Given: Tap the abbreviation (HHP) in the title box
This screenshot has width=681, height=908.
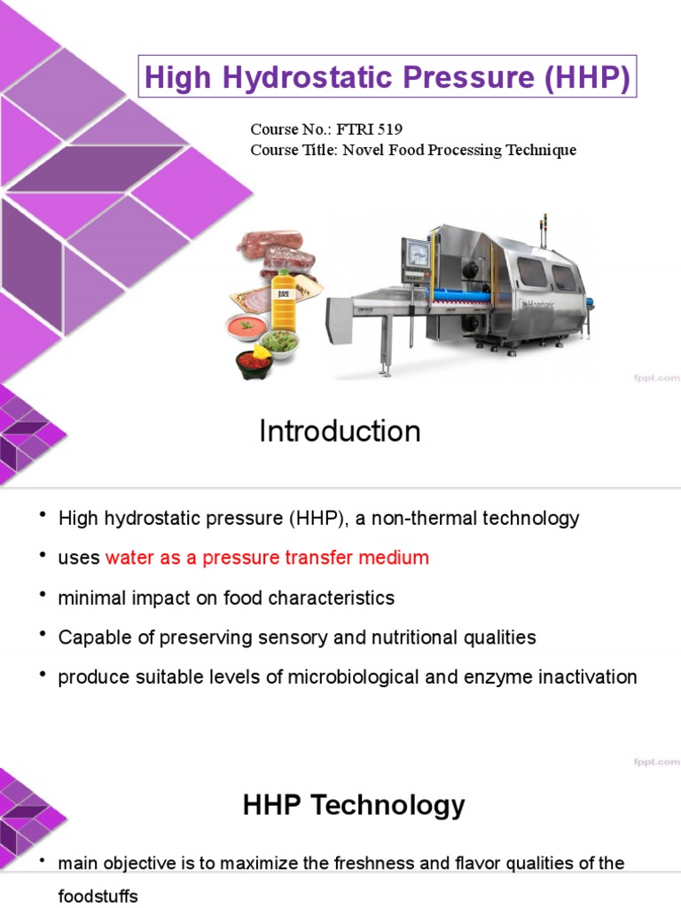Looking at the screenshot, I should [x=588, y=79].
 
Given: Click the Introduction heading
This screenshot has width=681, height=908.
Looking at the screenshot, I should [x=340, y=432].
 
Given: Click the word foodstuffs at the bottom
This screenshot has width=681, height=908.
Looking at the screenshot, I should [x=98, y=896].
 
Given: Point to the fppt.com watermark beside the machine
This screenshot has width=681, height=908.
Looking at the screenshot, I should [x=655, y=378].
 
